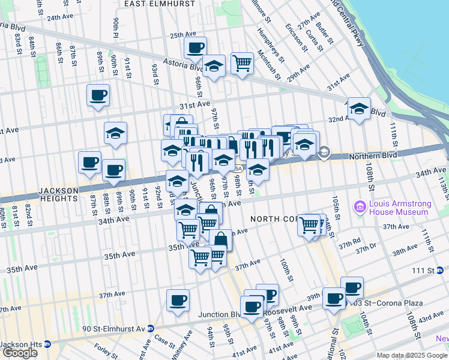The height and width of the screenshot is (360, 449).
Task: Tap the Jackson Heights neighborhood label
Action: (x=59, y=191)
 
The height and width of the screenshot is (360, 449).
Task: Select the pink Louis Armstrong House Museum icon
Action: (x=360, y=208)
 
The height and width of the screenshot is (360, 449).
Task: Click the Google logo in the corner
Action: (x=20, y=353)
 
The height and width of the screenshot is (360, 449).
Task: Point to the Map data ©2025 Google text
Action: (x=412, y=355)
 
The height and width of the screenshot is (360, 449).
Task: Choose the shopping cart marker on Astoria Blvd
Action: (x=242, y=62)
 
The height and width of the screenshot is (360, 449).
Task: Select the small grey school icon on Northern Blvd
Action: (x=324, y=152)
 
